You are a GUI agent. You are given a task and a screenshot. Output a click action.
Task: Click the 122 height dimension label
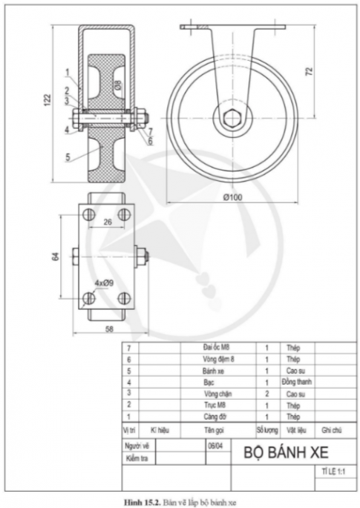point(45,98)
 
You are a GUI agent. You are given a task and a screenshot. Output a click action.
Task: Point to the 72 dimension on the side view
point(309,72)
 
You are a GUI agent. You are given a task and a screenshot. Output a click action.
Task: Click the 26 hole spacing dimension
point(107,221)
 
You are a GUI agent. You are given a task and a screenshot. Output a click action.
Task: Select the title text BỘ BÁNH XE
point(284,452)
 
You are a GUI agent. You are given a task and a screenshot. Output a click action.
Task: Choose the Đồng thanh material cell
point(296,381)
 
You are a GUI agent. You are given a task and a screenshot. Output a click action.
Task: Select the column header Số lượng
point(266,429)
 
